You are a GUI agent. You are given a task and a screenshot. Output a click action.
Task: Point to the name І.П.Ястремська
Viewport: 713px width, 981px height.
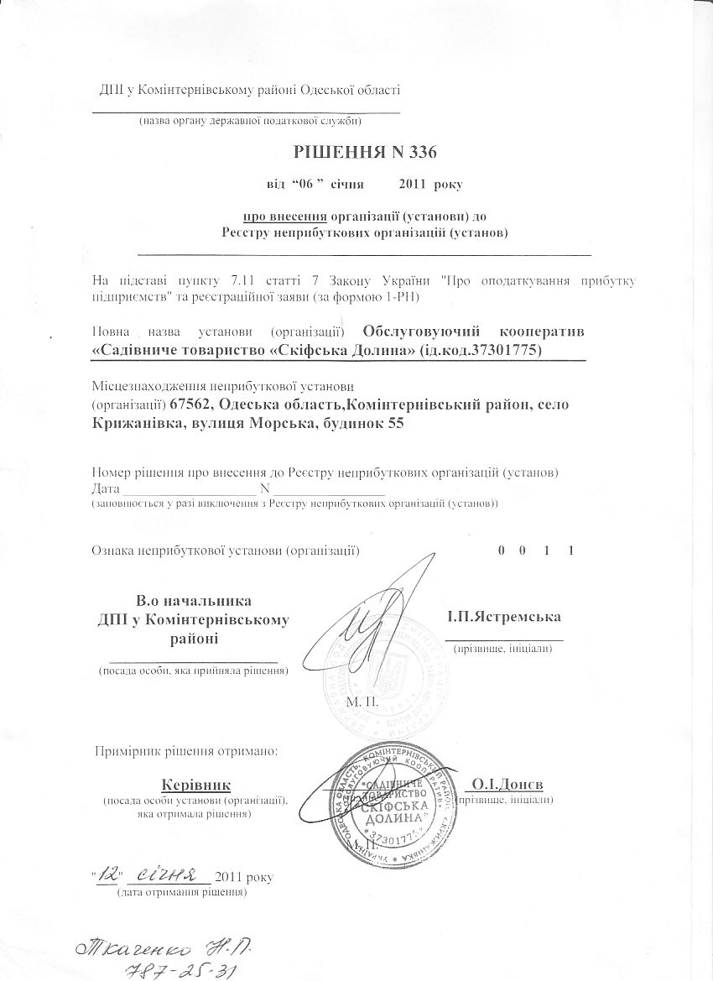click(x=505, y=617)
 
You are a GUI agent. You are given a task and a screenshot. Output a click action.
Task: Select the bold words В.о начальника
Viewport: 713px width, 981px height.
click(x=193, y=601)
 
